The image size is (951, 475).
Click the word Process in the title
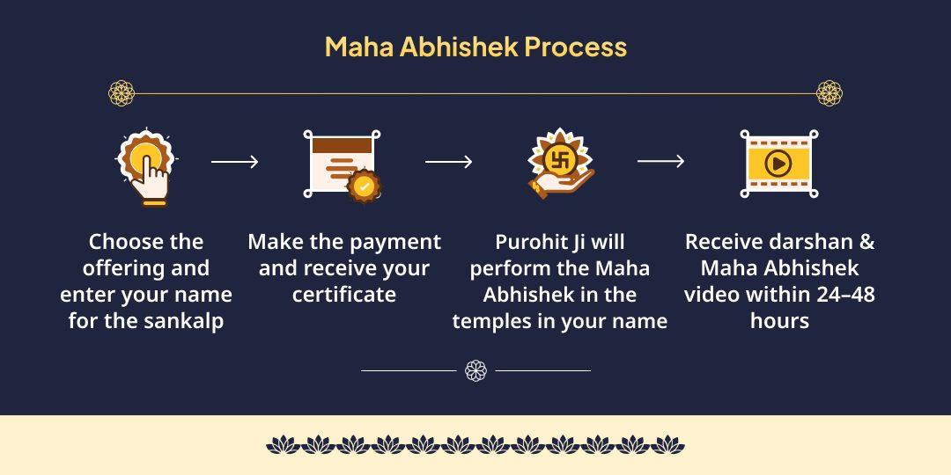click(575, 47)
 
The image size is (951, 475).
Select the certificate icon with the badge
click(343, 164)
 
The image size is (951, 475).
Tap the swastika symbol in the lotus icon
click(560, 159)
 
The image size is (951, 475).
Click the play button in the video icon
click(778, 163)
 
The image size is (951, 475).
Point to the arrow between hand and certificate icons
click(235, 162)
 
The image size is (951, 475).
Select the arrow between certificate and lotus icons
click(448, 162)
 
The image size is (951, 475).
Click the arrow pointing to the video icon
click(660, 161)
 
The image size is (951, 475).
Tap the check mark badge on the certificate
click(364, 186)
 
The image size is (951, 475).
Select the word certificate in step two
click(344, 295)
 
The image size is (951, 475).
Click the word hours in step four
click(779, 321)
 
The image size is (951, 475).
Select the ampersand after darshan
click(866, 242)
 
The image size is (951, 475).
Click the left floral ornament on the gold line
click(122, 93)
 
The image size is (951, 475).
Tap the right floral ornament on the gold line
click(829, 93)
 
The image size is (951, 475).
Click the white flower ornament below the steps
click(476, 370)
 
